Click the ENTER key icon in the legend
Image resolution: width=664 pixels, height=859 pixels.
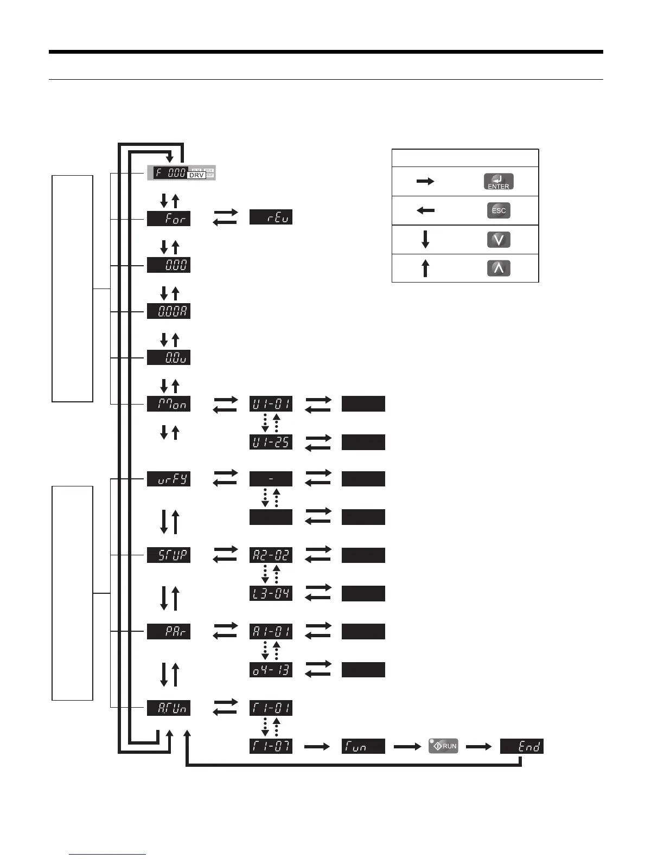(x=499, y=182)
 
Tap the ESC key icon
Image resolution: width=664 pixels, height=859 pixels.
(x=499, y=210)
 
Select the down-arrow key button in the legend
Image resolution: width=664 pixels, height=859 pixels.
(x=499, y=240)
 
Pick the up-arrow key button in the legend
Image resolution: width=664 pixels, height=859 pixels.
(x=499, y=268)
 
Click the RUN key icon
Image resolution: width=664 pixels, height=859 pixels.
(x=443, y=746)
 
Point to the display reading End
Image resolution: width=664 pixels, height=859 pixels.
(x=521, y=746)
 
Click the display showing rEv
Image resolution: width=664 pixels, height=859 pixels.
(x=271, y=217)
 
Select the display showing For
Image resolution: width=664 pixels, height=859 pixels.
(x=169, y=219)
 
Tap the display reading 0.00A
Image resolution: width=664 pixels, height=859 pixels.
(x=169, y=311)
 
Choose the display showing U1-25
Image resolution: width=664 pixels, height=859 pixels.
(x=271, y=442)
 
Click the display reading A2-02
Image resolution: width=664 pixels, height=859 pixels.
(x=271, y=555)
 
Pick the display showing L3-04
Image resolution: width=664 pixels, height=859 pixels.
(x=271, y=593)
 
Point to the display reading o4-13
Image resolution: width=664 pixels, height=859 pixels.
(x=271, y=670)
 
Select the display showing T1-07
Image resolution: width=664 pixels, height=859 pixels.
(x=271, y=746)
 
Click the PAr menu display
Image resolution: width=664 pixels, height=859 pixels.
(x=169, y=632)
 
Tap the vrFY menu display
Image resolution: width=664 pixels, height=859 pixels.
(x=169, y=479)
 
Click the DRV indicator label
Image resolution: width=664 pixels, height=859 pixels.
(x=196, y=175)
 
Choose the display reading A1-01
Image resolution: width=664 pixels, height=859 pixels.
(x=271, y=632)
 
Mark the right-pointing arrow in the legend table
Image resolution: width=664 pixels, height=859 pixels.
(x=425, y=182)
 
